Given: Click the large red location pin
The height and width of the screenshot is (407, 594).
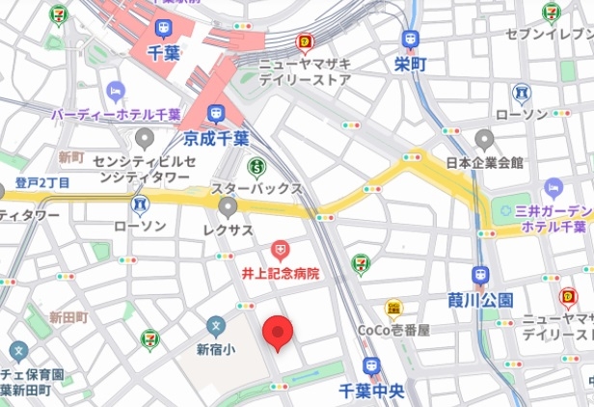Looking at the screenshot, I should [278, 333].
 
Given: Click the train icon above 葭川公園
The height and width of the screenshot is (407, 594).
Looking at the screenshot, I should [480, 277].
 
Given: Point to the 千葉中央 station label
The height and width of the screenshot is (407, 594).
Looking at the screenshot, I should [371, 391].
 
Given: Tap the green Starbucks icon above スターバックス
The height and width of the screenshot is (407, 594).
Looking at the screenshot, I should [256, 167].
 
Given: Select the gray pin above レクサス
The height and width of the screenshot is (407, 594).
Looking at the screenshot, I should [228, 207].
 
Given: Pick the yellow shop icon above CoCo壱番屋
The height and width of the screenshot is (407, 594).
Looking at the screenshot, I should [392, 309].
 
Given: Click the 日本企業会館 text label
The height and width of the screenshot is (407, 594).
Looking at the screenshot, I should [484, 162].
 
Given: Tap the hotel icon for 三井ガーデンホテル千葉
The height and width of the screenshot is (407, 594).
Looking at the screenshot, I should [553, 188].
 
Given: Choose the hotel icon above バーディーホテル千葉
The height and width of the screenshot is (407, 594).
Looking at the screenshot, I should [116, 93].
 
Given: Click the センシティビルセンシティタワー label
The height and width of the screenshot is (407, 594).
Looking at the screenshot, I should [143, 171].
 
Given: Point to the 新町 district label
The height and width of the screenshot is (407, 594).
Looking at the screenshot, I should [71, 155].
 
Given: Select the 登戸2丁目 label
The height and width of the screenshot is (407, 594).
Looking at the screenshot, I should [41, 183].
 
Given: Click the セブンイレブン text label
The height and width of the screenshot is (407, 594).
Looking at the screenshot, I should [548, 35].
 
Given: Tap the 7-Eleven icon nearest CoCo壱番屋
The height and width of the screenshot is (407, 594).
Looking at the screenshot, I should [359, 260].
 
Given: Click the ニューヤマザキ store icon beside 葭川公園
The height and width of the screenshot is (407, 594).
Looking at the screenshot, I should [568, 297].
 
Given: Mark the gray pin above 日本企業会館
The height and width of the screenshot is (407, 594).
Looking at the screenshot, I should [484, 140].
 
